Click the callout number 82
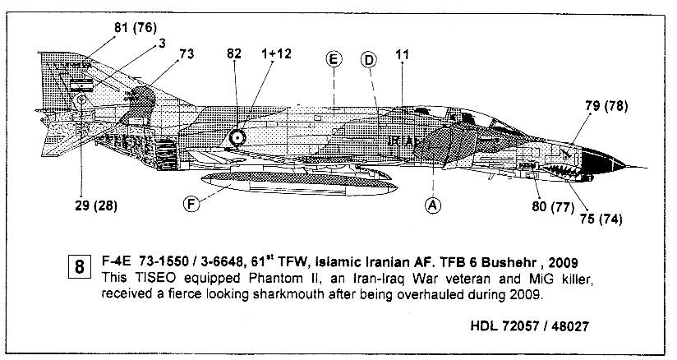(x=234, y=54)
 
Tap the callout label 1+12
(x=279, y=54)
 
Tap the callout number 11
(x=402, y=54)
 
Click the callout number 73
(x=187, y=54)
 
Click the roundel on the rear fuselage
(x=237, y=138)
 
